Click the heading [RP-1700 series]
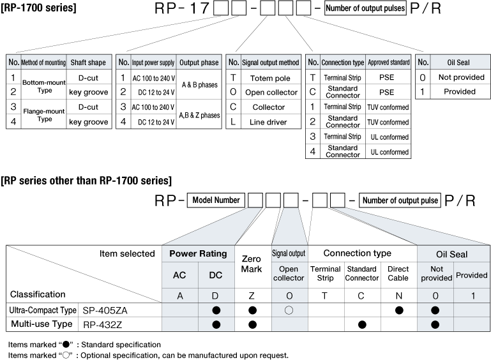pyautogui.click(x=38, y=8)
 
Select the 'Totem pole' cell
pyautogui.click(x=270, y=78)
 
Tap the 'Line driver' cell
pyautogui.click(x=268, y=122)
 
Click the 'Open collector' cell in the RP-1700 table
pyautogui.click(x=271, y=93)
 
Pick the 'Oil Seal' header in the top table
pyautogui.click(x=458, y=63)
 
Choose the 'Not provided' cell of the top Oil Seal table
pyautogui.click(x=461, y=77)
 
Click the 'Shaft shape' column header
pyautogui.click(x=88, y=63)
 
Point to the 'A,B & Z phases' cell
pyautogui.click(x=199, y=115)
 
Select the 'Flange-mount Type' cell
pyautogui.click(x=44, y=115)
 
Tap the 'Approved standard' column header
pyautogui.click(x=389, y=63)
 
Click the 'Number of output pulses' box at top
pyautogui.click(x=365, y=8)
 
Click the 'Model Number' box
pyautogui.click(x=216, y=200)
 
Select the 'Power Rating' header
pyautogui.click(x=198, y=253)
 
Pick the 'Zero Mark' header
pyautogui.click(x=251, y=264)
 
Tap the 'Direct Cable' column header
pyautogui.click(x=398, y=273)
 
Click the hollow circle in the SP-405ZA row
pyautogui.click(x=289, y=310)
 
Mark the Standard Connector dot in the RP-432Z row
pyautogui.click(x=362, y=325)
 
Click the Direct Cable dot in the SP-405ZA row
pyautogui.click(x=399, y=310)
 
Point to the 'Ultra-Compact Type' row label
pyautogui.click(x=43, y=310)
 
